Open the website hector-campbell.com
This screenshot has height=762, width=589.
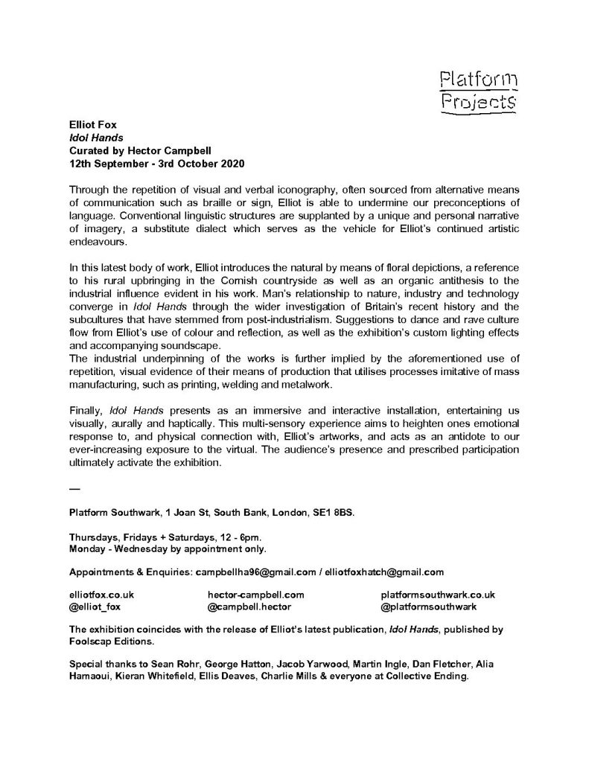click(x=256, y=595)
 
